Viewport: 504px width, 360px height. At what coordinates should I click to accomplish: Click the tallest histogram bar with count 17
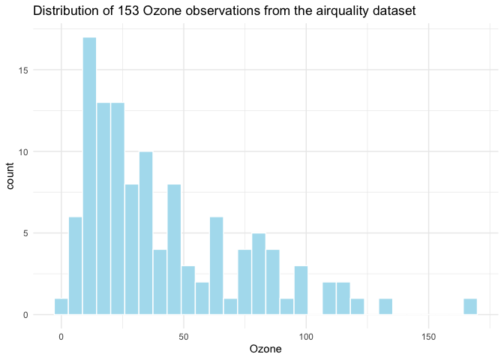[x=89, y=175]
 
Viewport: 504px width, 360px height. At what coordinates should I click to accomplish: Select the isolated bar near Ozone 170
[x=470, y=306]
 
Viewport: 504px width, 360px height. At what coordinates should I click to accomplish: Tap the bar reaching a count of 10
[x=145, y=232]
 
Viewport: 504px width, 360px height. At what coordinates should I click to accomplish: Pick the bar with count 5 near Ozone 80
[x=259, y=274]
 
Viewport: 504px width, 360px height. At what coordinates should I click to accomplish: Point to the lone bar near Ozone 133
[x=385, y=306]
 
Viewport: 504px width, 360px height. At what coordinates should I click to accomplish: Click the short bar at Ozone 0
[x=61, y=306]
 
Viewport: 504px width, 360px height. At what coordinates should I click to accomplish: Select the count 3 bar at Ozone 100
[x=301, y=289]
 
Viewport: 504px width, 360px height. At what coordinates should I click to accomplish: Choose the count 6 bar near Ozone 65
[x=216, y=265]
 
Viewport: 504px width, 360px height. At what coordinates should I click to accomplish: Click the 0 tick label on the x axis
[x=61, y=337]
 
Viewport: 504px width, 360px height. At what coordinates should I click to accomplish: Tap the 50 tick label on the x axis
[x=184, y=337]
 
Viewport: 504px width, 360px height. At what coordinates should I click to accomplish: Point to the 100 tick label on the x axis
[x=306, y=337]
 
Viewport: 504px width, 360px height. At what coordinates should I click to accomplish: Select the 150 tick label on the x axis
[x=428, y=337]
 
